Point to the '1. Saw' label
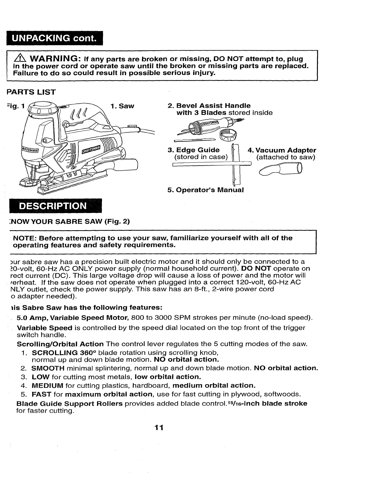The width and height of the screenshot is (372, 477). click(x=122, y=106)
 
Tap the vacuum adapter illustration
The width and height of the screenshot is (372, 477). click(x=280, y=170)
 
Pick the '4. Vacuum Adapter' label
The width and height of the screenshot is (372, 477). click(x=282, y=150)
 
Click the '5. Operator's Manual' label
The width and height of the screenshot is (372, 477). click(x=206, y=190)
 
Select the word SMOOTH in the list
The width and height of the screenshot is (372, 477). click(x=48, y=368)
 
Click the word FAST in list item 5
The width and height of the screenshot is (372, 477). click(x=42, y=394)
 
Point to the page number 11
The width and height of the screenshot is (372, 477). click(x=159, y=428)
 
